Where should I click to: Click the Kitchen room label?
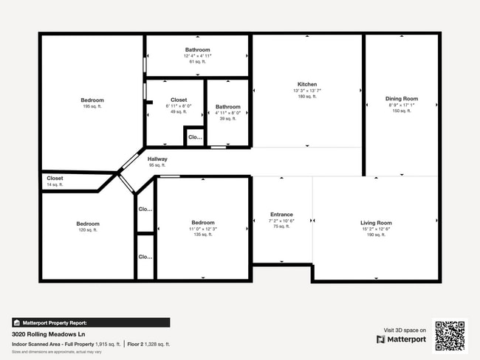[307, 84]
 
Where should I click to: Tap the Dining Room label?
[402, 99]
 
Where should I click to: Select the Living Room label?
[376, 223]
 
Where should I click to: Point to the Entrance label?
[281, 215]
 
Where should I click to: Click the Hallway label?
[157, 159]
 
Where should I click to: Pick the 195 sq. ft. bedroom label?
[92, 100]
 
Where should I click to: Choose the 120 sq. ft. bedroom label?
[87, 224]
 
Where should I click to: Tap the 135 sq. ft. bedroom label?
[203, 223]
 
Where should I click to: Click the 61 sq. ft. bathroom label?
[197, 50]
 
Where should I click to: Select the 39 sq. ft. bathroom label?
[227, 107]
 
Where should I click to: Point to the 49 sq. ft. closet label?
[179, 100]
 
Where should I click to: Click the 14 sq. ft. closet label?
[55, 178]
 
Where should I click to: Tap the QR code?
[449, 336]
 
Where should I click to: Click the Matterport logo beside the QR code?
[402, 339]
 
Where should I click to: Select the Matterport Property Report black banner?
[91, 322]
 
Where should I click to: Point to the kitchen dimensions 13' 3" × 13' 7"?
[307, 90]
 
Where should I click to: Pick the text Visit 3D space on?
[405, 330]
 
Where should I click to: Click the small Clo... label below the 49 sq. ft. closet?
[195, 137]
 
